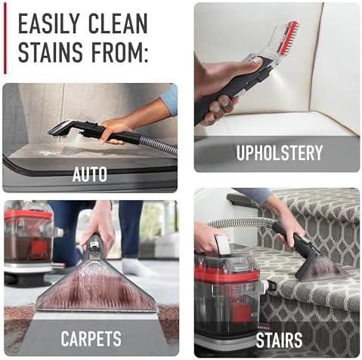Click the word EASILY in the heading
49,23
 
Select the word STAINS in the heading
51,52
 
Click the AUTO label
90,174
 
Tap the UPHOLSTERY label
280,152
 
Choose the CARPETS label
91,338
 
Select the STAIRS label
279,340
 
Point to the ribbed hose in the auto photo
159,145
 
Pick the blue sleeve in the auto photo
169,100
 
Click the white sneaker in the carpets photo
138,267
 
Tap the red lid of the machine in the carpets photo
28,217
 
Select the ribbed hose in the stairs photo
242,223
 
